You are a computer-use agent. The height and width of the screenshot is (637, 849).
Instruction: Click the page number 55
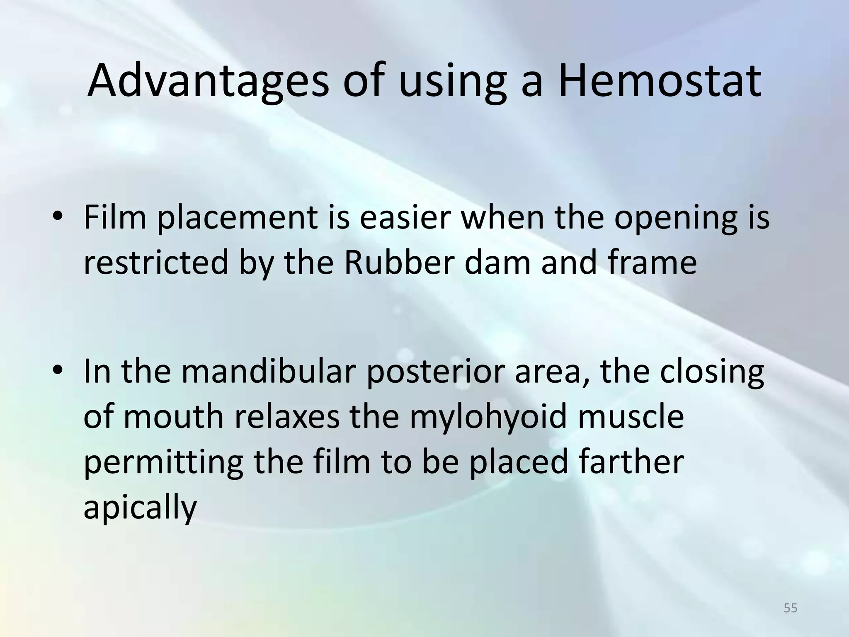coord(791,608)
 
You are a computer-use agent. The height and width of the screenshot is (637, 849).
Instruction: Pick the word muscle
coord(631,417)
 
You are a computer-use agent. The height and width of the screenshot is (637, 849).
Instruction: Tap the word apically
coord(140,508)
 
